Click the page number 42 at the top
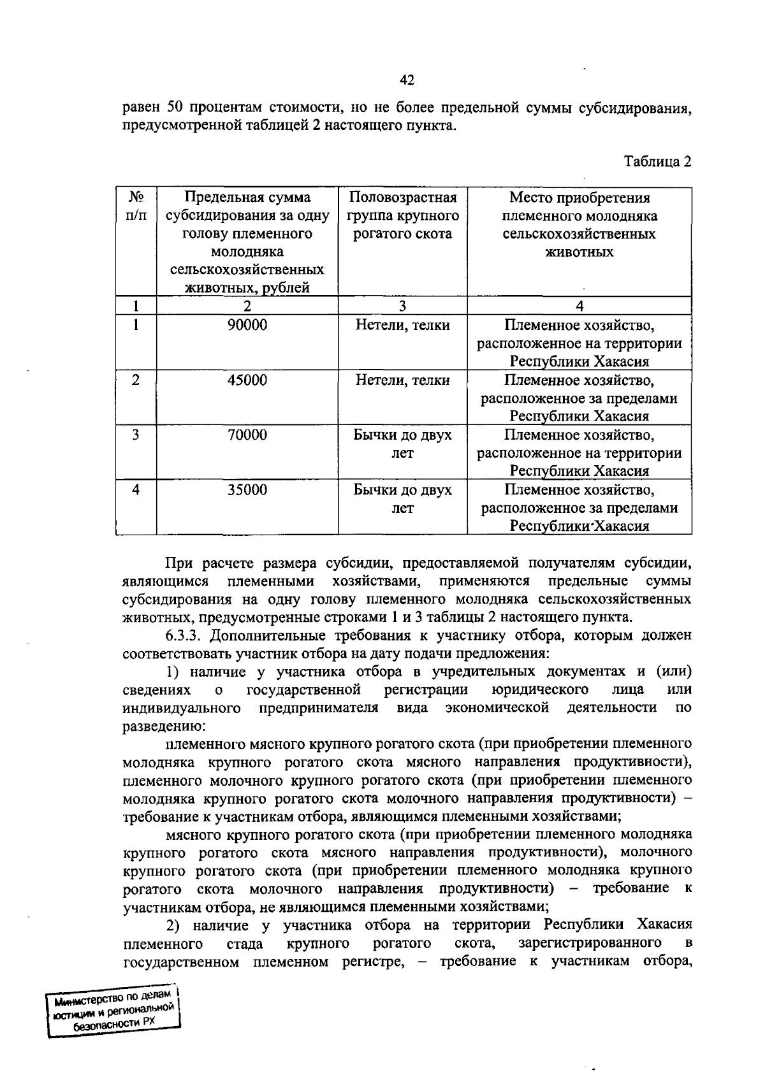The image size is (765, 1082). click(x=407, y=80)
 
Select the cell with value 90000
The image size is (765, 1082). click(x=247, y=326)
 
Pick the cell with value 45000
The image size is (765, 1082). click(x=247, y=380)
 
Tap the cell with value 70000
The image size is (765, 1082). click(x=247, y=435)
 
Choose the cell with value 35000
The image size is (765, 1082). click(x=247, y=490)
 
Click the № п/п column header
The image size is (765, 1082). click(x=136, y=206)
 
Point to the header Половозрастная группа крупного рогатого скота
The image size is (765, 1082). click(x=402, y=215)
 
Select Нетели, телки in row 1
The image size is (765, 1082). click(x=402, y=326)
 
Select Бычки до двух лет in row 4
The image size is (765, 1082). click(x=402, y=499)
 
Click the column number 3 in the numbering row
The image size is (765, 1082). click(x=402, y=306)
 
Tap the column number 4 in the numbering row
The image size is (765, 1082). click(x=579, y=306)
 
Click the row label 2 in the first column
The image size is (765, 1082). click(x=136, y=380)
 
